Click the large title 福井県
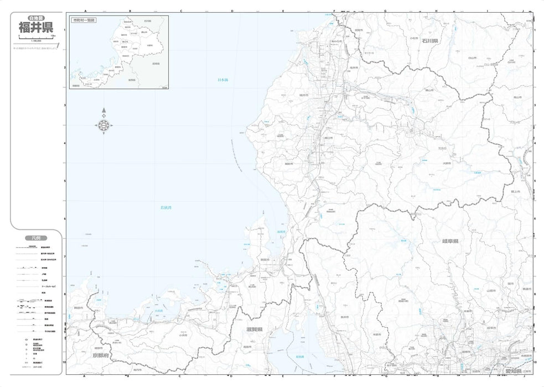[x=36, y=27]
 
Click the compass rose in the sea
[x=105, y=126]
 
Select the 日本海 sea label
[x=222, y=81]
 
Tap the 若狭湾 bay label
[x=166, y=208]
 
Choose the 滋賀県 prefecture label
[x=255, y=330]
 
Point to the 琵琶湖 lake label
[x=299, y=357]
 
